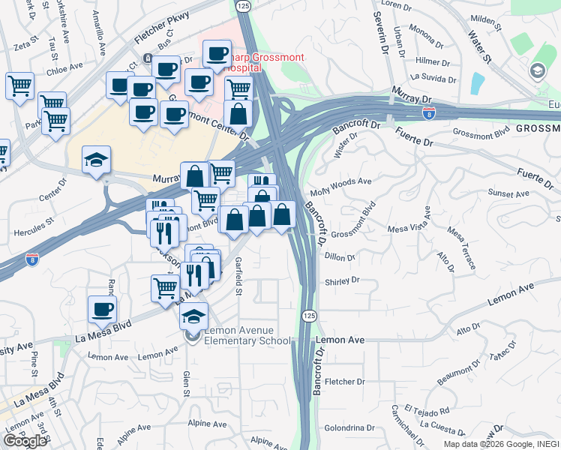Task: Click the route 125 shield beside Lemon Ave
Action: click(309, 316)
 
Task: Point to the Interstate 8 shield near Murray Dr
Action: click(428, 113)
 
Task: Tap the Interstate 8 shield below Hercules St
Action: click(32, 259)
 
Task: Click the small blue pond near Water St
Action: click(478, 81)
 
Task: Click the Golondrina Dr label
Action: click(349, 428)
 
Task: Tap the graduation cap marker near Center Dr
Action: click(97, 160)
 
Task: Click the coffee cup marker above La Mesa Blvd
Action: click(103, 309)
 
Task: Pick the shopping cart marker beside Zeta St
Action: click(20, 85)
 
